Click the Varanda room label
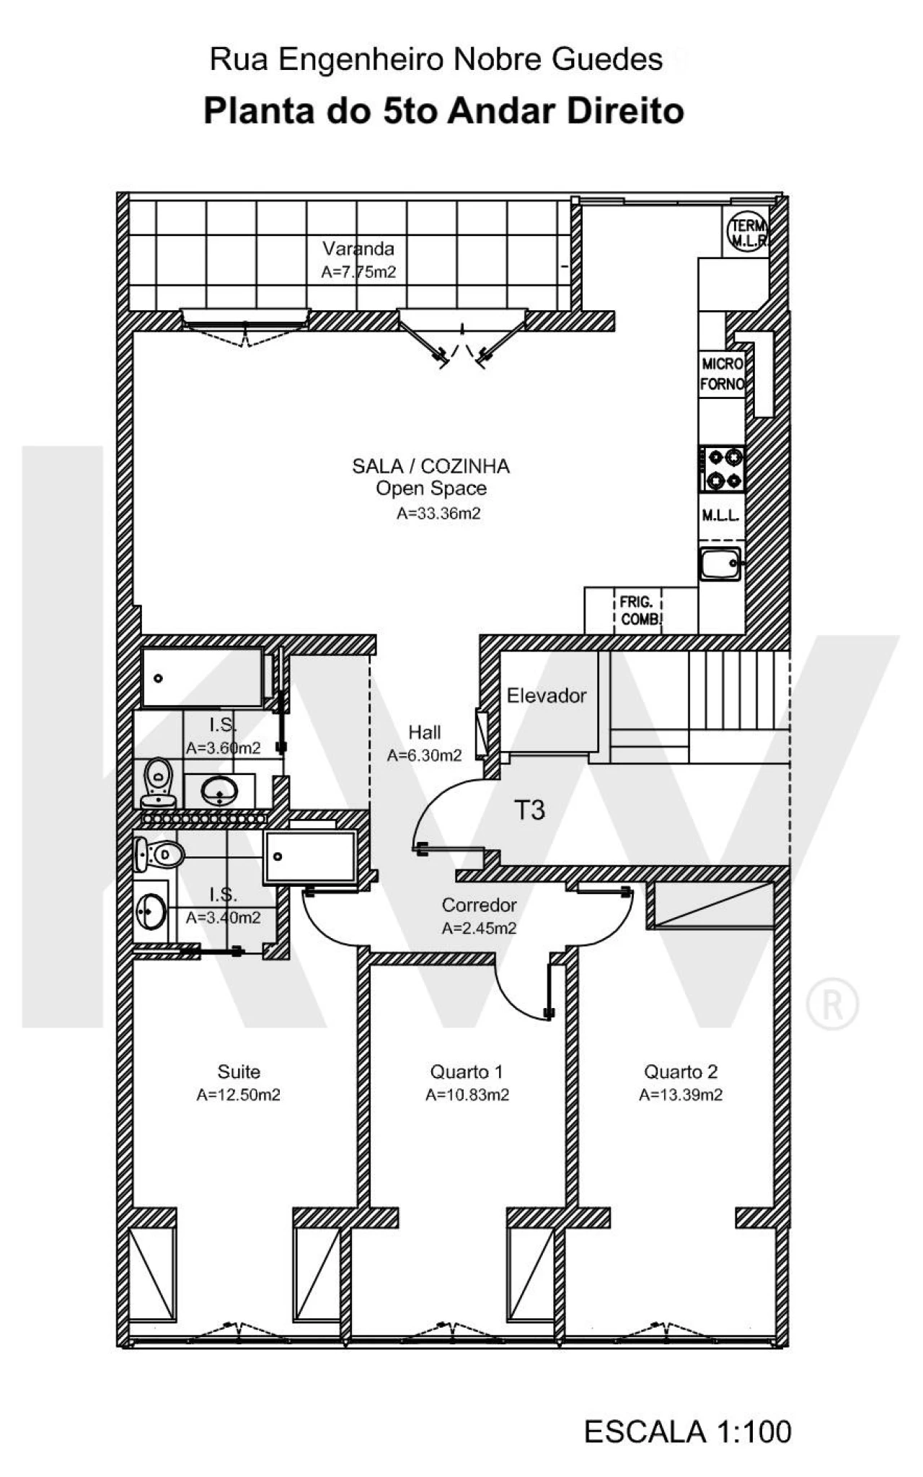[x=358, y=249]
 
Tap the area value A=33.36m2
[x=438, y=514]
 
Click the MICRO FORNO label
[x=722, y=374]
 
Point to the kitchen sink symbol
[x=720, y=564]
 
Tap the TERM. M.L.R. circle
[x=747, y=232]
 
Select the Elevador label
[x=546, y=696]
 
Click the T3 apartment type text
[x=529, y=810]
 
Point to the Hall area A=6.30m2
[x=424, y=755]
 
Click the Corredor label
[x=479, y=905]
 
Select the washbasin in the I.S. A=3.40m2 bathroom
[x=151, y=911]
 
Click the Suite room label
[x=239, y=1071]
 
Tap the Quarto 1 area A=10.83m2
[x=467, y=1095]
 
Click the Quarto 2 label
[x=681, y=1071]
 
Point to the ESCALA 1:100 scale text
[x=687, y=1432]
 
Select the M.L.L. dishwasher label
[x=720, y=515]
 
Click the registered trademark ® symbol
[x=832, y=1004]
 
